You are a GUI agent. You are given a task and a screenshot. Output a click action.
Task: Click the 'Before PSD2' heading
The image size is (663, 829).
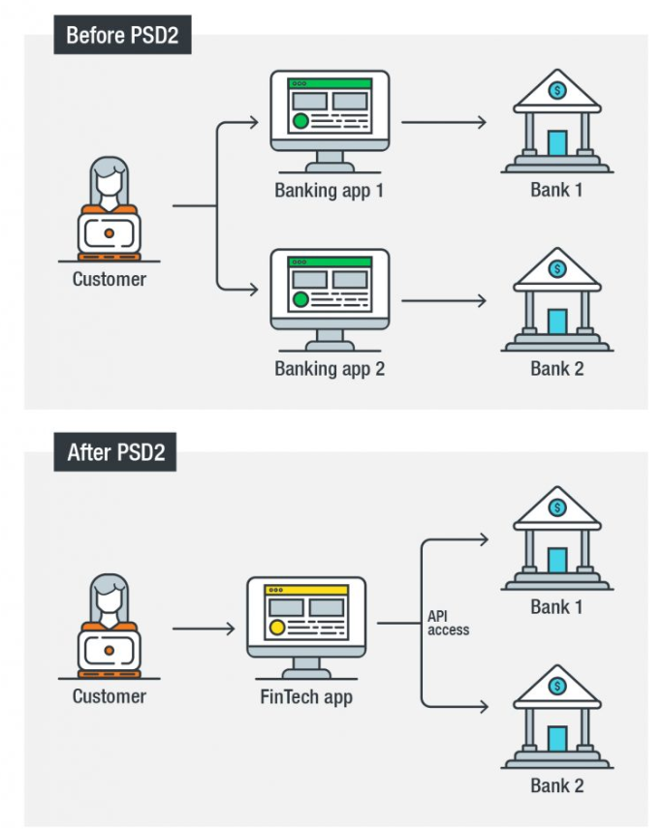[122, 36]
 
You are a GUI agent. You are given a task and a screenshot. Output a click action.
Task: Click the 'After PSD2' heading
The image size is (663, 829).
[115, 452]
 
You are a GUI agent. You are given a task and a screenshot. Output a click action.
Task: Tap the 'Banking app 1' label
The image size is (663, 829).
[330, 190]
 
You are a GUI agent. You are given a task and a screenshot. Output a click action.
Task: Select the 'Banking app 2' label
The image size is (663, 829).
[330, 369]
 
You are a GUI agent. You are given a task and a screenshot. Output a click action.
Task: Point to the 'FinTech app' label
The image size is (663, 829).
[306, 696]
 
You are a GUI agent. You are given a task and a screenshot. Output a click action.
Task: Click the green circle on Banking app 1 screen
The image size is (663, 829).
[300, 121]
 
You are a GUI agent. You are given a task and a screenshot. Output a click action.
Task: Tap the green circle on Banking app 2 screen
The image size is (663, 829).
[300, 299]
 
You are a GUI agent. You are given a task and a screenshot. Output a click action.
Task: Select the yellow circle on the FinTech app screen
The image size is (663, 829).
[277, 627]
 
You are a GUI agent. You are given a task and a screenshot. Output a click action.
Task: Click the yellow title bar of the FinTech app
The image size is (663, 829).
[306, 589]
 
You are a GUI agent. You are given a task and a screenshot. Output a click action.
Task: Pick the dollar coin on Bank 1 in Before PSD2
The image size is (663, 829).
[557, 90]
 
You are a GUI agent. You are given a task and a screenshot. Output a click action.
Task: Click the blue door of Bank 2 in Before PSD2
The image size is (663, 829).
[557, 322]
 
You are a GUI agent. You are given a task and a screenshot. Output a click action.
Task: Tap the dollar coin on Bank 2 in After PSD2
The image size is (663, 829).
[557, 686]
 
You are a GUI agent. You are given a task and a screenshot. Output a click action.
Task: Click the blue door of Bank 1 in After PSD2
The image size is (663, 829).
[557, 561]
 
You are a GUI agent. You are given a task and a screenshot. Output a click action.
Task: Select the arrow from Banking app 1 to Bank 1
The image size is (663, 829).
[444, 122]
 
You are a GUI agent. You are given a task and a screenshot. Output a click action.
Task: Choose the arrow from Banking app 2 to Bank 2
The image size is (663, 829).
[444, 301]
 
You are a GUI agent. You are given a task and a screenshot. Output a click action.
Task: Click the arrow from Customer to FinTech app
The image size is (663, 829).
[204, 629]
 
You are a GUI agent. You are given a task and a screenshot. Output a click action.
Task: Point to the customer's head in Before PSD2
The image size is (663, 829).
[110, 179]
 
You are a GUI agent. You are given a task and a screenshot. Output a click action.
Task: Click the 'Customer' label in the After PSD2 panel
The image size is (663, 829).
[110, 696]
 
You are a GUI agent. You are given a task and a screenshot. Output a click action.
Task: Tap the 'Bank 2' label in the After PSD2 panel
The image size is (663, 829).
[557, 785]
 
